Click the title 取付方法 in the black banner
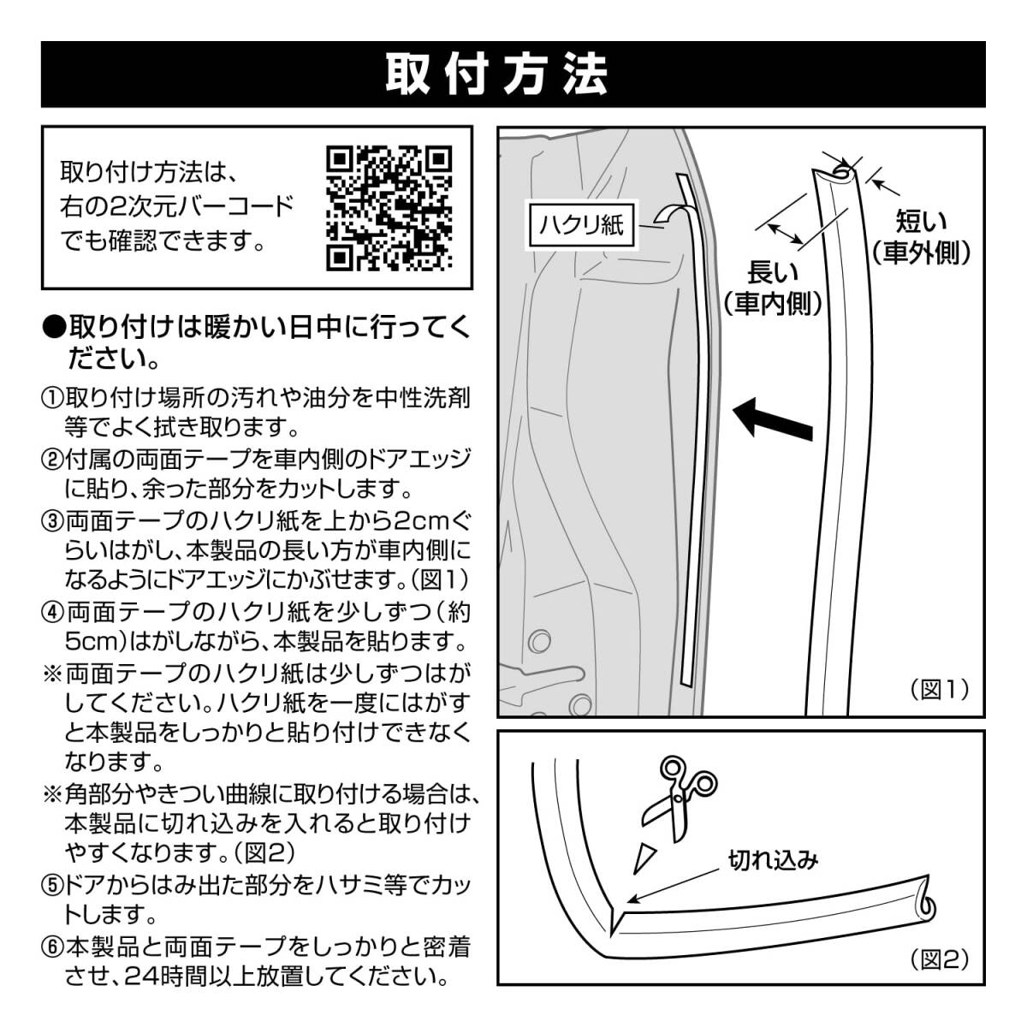496,74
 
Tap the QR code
389,207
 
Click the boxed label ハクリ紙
582,226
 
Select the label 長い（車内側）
773,288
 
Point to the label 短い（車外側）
921,238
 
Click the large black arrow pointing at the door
775,418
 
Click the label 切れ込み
773,858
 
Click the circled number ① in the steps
52,399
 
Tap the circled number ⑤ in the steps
52,883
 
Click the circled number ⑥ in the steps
52,947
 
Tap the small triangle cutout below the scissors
644,856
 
